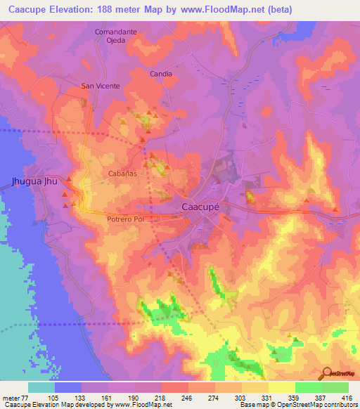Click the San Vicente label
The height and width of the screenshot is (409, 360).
point(101,86)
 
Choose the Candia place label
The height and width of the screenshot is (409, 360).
point(161,73)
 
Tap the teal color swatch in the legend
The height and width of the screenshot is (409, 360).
point(41,387)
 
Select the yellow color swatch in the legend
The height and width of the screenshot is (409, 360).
point(282,387)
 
